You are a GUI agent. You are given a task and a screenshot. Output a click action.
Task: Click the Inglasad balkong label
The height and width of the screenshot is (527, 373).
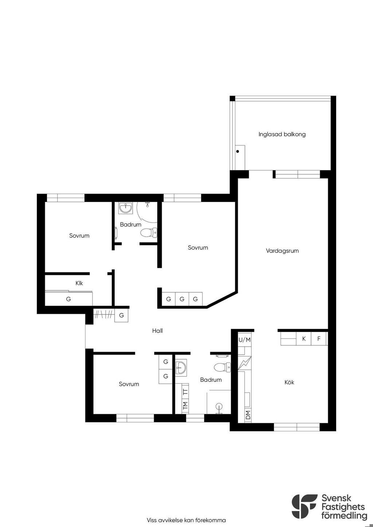click(x=282, y=135)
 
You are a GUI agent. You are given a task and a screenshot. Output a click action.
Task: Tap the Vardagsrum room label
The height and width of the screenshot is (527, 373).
click(x=282, y=251)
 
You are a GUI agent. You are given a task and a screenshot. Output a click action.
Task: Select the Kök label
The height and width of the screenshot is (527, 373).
click(x=289, y=382)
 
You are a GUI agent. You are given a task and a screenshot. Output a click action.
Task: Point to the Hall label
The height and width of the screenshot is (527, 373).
click(x=157, y=331)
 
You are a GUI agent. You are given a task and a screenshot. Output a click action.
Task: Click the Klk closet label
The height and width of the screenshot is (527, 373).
click(x=79, y=283)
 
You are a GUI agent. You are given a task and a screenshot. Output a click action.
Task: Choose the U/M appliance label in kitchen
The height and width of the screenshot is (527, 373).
click(x=244, y=340)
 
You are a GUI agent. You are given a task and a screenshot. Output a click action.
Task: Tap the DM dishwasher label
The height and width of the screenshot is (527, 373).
click(x=248, y=415)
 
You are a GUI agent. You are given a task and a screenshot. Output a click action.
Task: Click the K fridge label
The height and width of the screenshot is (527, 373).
click(x=304, y=338)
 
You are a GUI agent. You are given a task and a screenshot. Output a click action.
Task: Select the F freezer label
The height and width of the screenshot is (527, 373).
click(x=319, y=338)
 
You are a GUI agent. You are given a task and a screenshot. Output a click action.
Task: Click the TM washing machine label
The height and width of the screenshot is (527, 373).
click(x=185, y=405)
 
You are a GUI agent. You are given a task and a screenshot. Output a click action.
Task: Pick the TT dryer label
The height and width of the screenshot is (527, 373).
click(x=185, y=392)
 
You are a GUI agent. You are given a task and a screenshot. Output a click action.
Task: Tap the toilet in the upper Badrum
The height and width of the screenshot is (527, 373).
click(x=149, y=233)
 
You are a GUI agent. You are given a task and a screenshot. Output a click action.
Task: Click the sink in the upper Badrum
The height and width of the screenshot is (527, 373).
click(x=126, y=208)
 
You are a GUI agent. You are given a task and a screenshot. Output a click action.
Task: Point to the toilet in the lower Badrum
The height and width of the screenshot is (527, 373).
click(x=222, y=367)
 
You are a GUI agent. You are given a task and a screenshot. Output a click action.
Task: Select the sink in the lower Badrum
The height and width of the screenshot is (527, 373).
click(x=181, y=368)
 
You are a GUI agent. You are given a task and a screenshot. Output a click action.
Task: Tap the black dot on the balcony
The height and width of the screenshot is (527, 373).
click(x=237, y=151)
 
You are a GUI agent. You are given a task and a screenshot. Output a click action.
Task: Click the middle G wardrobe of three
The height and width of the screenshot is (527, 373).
click(x=182, y=299)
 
